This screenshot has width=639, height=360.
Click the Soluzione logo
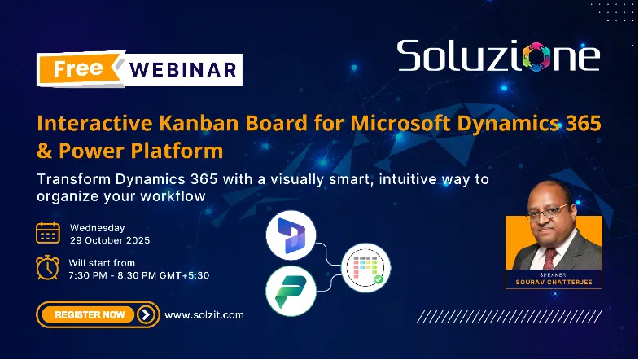498,55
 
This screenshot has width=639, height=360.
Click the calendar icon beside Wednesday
48,233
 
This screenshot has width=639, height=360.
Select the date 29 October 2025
110,241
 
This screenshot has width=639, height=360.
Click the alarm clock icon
48,268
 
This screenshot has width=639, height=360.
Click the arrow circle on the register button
146,314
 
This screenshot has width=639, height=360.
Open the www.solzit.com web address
204,314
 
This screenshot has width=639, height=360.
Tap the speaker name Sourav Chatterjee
554,283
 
